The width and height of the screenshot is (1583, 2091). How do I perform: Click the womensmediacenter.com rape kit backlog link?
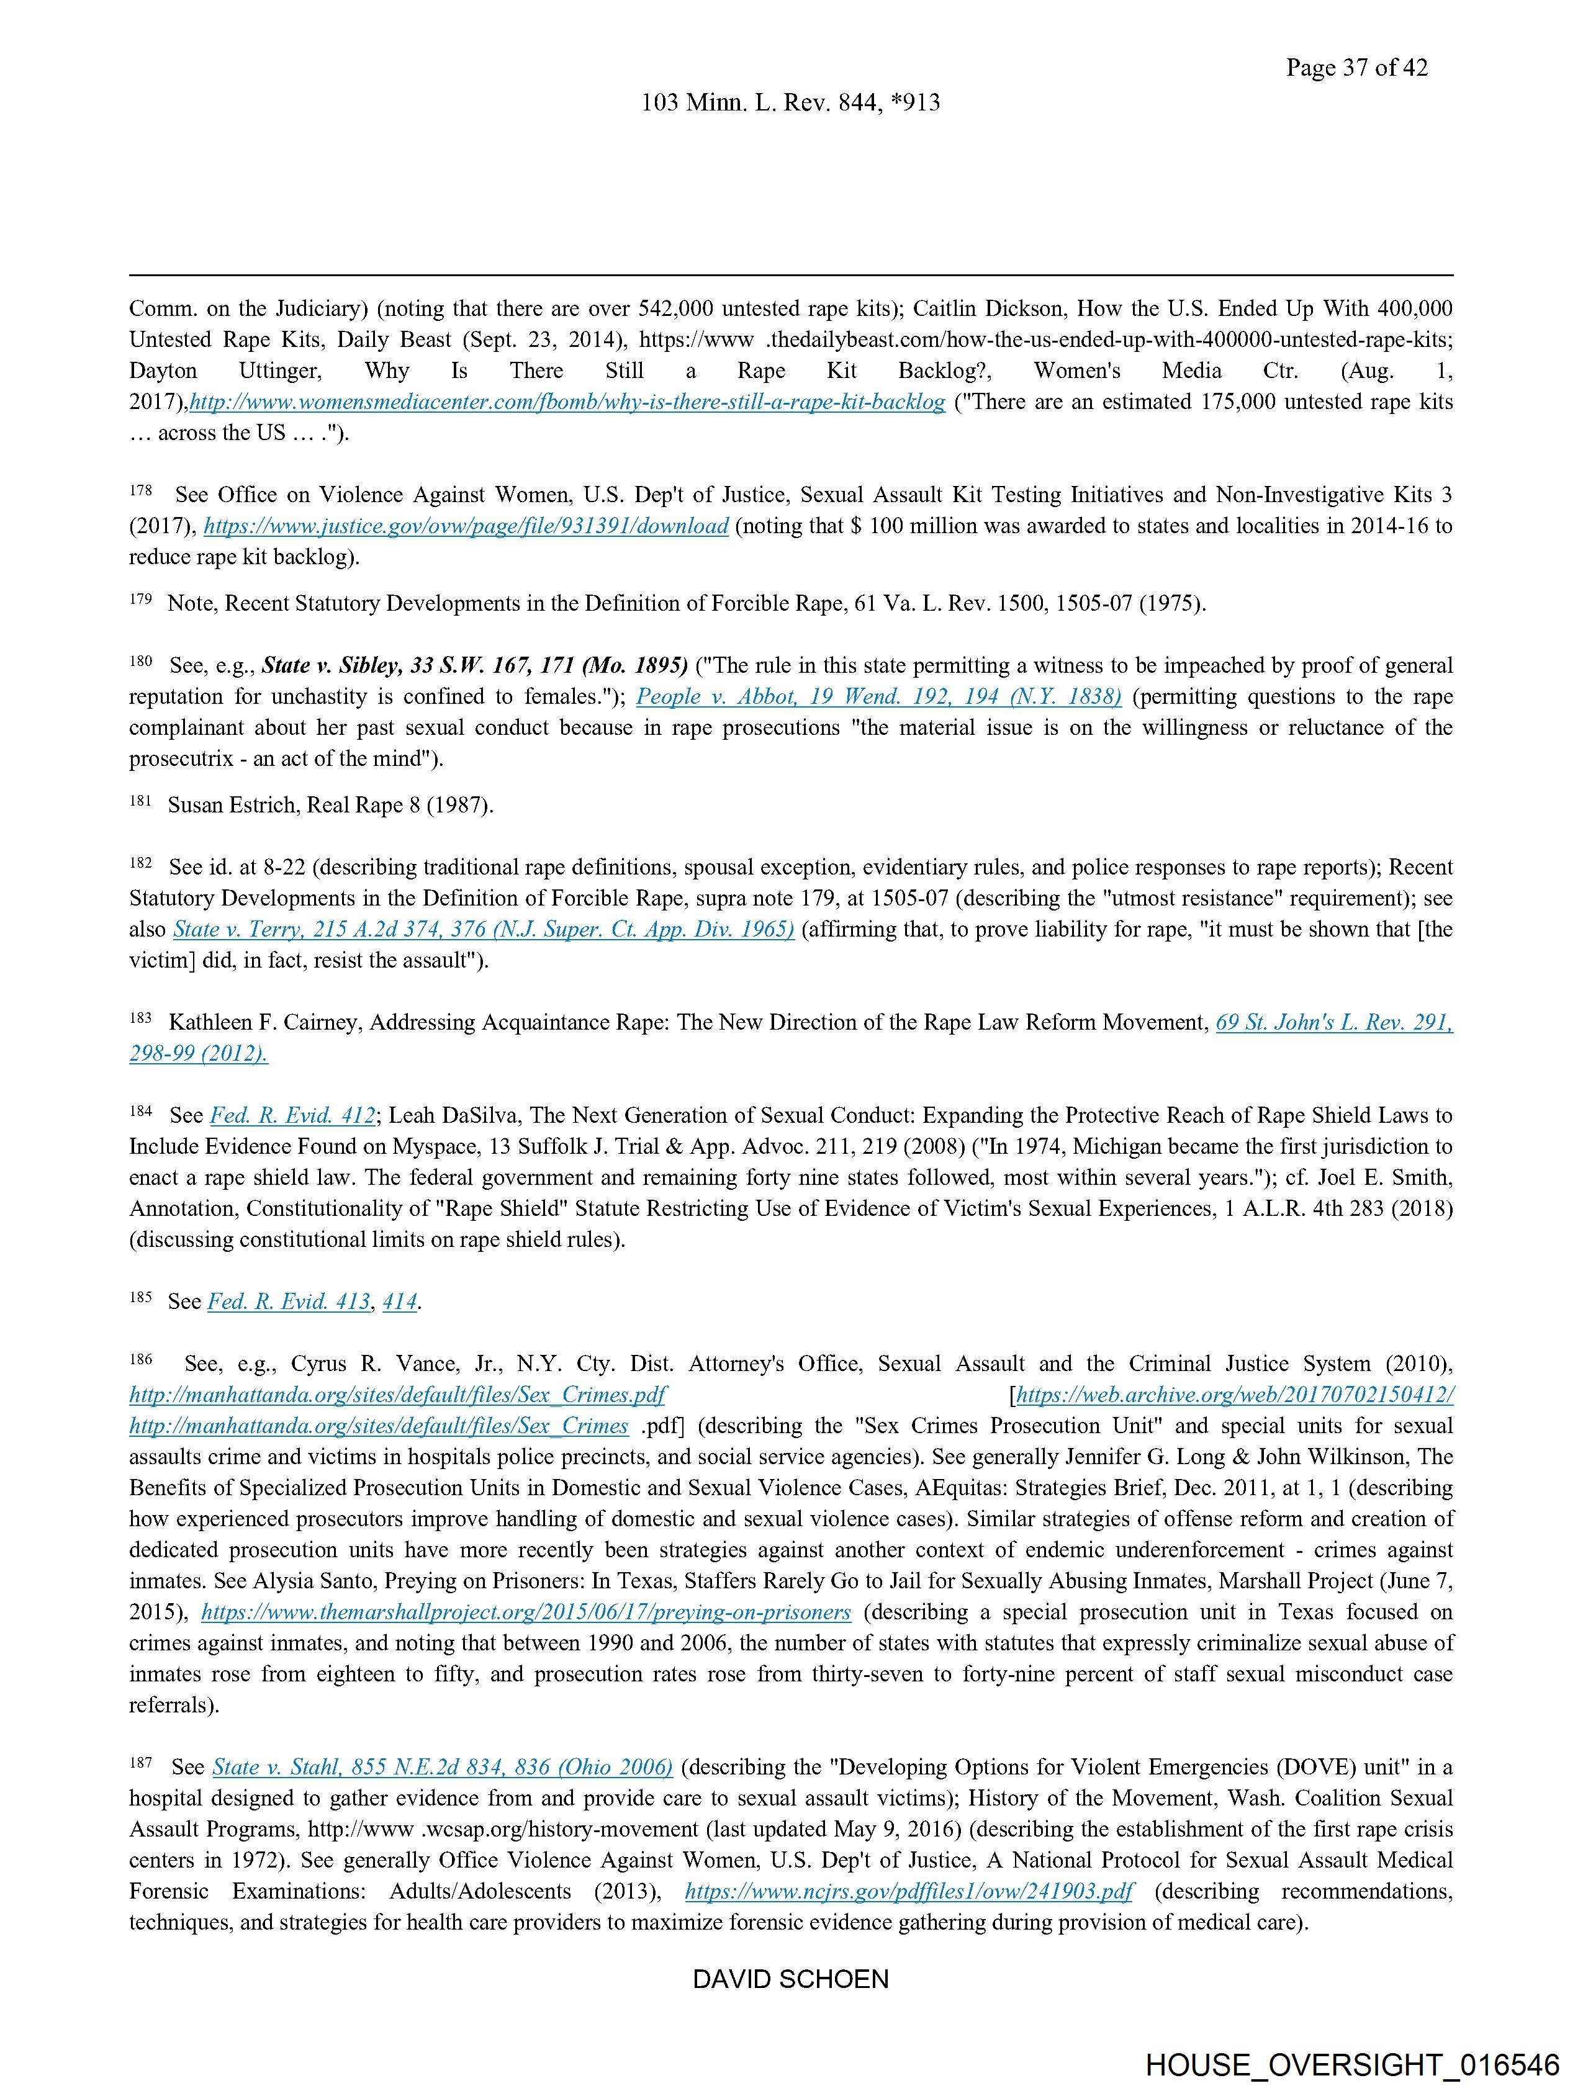point(567,402)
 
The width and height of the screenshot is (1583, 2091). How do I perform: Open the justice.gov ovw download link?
point(466,526)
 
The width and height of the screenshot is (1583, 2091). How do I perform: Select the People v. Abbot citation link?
point(878,696)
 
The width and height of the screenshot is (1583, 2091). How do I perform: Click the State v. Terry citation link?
point(483,929)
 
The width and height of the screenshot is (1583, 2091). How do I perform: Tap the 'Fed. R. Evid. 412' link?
point(292,1115)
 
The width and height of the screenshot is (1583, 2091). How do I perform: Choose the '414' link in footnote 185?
point(399,1302)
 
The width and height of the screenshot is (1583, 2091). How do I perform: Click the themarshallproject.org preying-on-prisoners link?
point(526,1612)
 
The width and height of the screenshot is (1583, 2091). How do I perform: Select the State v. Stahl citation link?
point(443,1767)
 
